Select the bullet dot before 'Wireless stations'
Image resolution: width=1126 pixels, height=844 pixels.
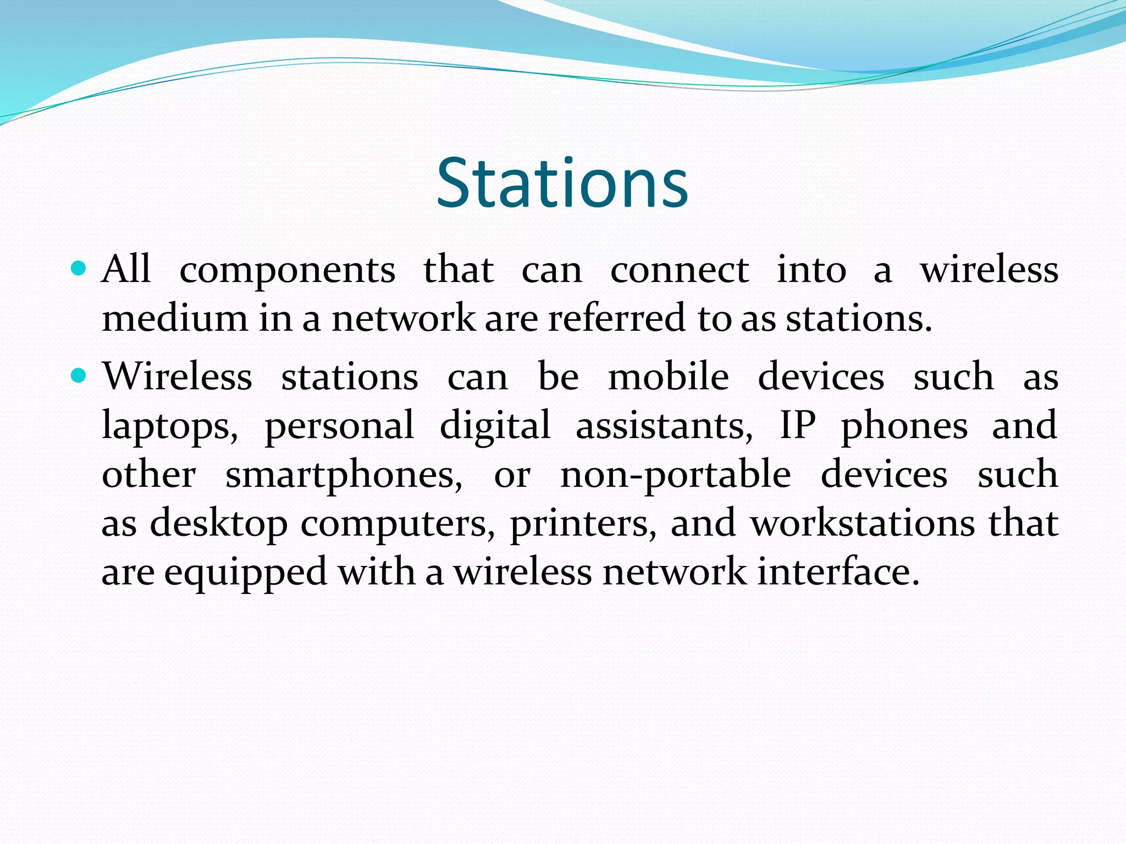(x=79, y=376)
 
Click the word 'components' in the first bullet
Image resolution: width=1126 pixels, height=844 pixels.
(x=287, y=270)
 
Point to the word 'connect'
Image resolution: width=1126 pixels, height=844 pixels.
(x=679, y=270)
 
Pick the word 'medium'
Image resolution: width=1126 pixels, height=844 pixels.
(x=175, y=319)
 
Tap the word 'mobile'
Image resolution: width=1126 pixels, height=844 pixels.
(x=668, y=377)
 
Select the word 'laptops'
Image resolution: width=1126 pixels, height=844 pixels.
(x=169, y=426)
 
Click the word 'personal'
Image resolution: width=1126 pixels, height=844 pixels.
(x=339, y=425)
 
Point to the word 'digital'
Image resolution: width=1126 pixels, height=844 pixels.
(x=495, y=426)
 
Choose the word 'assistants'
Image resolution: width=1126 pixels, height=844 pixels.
(x=664, y=425)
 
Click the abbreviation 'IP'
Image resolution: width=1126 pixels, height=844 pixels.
(x=797, y=425)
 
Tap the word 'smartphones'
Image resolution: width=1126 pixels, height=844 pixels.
(x=344, y=475)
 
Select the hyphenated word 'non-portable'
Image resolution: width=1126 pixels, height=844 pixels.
(x=675, y=475)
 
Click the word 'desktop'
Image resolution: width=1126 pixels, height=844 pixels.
(x=218, y=524)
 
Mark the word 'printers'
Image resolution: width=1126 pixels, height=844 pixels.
(x=583, y=524)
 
